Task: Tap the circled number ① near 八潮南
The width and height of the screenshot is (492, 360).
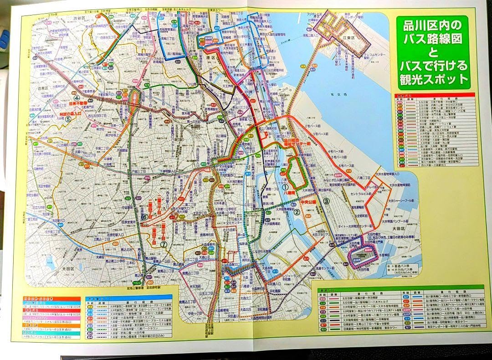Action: tap(285, 186)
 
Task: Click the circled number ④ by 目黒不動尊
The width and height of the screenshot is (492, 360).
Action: tap(77, 98)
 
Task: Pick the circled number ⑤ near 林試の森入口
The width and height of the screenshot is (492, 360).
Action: tap(68, 119)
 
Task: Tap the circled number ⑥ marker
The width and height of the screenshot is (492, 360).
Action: tap(144, 217)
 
